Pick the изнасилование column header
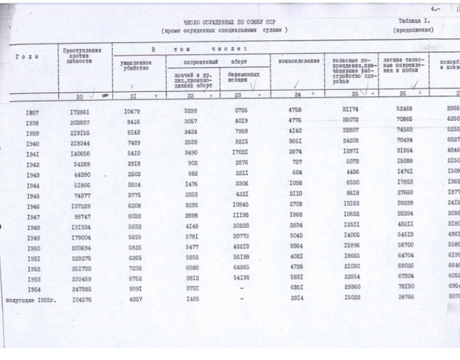[298, 61]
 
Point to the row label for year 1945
[32, 195]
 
